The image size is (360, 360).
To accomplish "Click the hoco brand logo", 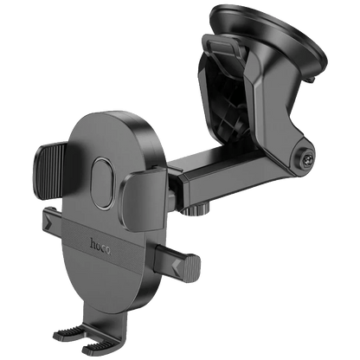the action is (x=100, y=247).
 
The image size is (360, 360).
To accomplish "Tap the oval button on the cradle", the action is (x=103, y=183).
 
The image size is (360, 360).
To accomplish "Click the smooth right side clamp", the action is (x=143, y=199).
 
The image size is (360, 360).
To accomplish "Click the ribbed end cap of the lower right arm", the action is (x=191, y=268).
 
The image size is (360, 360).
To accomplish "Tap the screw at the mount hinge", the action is (x=305, y=158).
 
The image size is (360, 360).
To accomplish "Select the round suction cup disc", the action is (x=269, y=35).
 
